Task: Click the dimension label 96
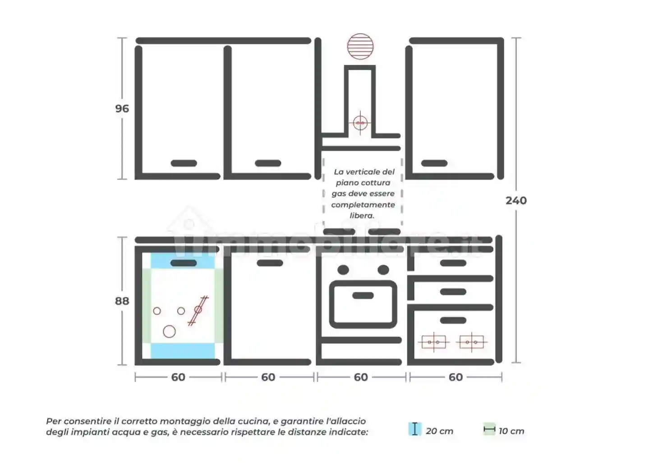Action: [x=122, y=109]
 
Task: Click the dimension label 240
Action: [x=516, y=200]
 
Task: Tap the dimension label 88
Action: [x=122, y=301]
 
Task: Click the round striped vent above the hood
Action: [x=360, y=46]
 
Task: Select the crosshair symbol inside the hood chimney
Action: [x=360, y=123]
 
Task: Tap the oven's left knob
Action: [x=343, y=270]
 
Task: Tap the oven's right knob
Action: [x=383, y=270]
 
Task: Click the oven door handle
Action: [x=363, y=295]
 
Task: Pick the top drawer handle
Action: [x=453, y=263]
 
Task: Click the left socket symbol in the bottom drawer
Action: [x=434, y=342]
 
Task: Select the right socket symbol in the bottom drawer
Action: [x=472, y=342]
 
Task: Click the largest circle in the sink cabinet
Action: [x=169, y=331]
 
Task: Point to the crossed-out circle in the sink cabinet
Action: [x=198, y=310]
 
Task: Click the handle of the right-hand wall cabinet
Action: [x=434, y=163]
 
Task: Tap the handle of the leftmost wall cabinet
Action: [x=184, y=163]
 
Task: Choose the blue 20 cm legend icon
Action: [x=415, y=429]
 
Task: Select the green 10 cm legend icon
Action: [x=489, y=429]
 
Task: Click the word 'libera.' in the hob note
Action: [x=362, y=216]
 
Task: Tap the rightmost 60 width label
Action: [x=456, y=377]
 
